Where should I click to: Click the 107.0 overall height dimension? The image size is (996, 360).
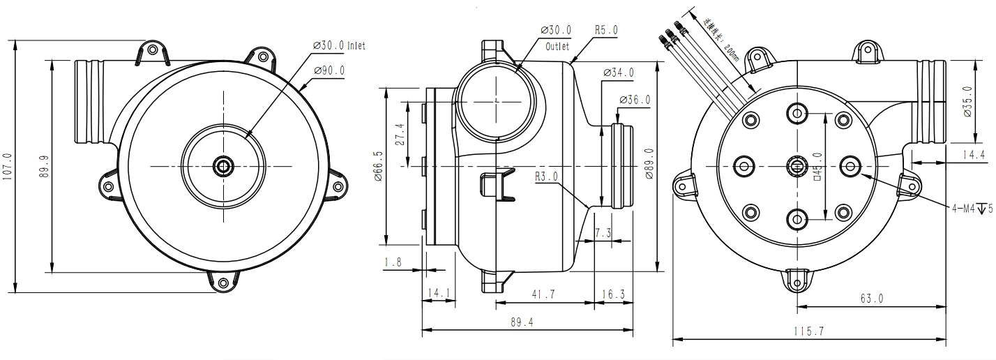coord(8,167)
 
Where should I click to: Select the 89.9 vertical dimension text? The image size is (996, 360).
coord(45,167)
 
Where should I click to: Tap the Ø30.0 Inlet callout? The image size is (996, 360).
coord(340,45)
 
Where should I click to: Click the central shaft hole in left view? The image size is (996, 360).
coord(223,166)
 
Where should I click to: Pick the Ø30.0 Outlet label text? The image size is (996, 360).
coord(557,38)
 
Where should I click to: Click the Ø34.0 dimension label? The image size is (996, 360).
coord(618,73)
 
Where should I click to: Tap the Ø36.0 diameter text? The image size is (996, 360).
coord(634,100)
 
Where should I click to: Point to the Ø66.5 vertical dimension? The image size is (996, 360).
coord(378,167)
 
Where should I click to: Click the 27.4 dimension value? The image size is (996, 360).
coord(400,133)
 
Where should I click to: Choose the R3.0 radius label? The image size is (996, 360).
coord(547,177)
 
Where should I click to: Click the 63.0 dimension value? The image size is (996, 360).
coord(871,298)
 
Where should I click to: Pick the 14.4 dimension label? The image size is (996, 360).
coord(971,155)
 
